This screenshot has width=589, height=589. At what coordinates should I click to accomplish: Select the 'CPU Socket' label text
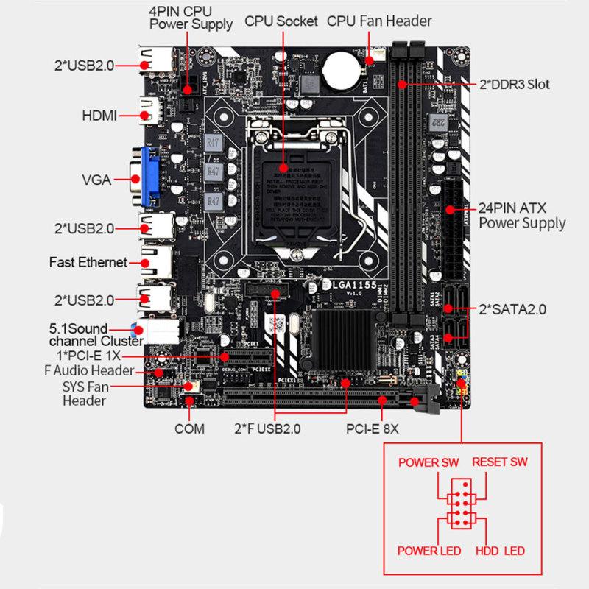coord(281,21)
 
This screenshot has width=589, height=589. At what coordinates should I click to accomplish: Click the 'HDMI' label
coord(99,116)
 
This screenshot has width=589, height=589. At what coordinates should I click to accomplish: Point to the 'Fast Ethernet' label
coord(88,262)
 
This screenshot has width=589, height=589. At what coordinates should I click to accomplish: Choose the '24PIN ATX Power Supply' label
coord(522,215)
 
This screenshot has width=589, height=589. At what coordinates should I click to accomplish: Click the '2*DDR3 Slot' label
coord(515,84)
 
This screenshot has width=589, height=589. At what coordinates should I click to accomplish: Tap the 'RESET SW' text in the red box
coord(499,462)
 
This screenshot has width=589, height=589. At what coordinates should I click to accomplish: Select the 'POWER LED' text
coord(429,551)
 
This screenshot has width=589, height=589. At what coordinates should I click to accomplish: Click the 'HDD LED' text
coord(500,551)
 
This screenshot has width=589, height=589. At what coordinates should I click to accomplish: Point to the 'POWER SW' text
coord(428,462)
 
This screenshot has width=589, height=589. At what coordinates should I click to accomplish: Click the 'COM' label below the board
coord(189,428)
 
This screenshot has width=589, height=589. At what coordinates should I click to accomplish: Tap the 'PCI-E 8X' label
coord(371,428)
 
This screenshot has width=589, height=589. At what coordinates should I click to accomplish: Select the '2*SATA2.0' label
coord(513,310)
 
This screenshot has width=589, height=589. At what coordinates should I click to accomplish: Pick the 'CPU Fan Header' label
coord(379,21)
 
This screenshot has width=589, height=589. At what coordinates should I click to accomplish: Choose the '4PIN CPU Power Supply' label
coord(191,18)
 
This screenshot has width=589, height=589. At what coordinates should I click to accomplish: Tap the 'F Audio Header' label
coord(88,370)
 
